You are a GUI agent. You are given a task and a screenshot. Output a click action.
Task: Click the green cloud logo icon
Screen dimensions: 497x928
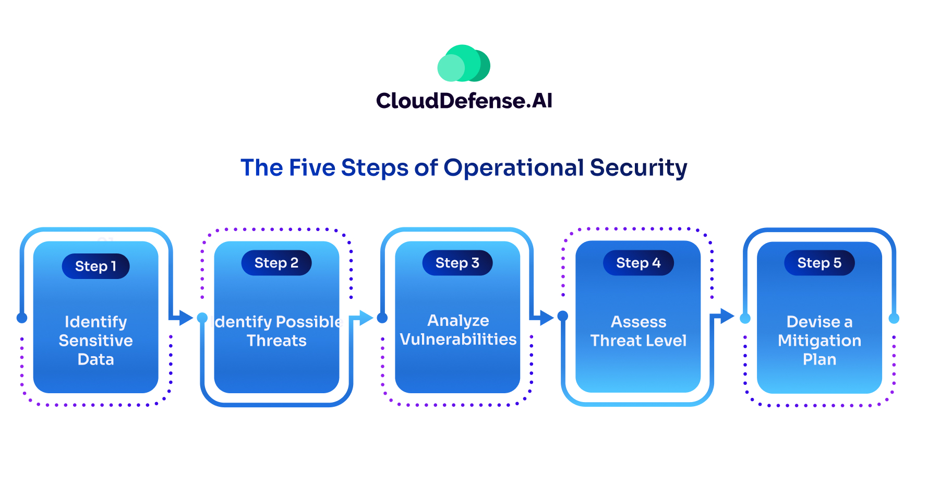click(x=463, y=64)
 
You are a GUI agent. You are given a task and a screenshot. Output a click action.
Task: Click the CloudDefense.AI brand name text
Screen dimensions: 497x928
click(x=464, y=101)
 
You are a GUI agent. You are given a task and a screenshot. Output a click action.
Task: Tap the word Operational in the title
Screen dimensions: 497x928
click(x=513, y=168)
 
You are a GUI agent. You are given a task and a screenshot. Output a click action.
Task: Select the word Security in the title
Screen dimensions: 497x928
click(x=638, y=168)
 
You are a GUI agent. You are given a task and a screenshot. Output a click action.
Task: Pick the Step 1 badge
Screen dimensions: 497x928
click(x=95, y=266)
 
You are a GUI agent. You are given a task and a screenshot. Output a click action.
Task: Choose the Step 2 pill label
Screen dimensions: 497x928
click(x=276, y=263)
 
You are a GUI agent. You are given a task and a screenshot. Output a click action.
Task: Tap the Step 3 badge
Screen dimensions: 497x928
click(x=457, y=263)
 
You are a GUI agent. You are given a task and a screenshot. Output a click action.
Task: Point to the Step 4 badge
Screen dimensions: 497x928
click(x=638, y=263)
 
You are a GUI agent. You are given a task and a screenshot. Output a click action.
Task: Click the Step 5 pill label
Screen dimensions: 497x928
click(x=819, y=263)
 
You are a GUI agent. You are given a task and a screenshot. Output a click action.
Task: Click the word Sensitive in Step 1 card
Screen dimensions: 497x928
click(x=95, y=341)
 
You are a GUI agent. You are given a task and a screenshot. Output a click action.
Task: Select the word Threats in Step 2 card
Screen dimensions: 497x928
click(x=276, y=341)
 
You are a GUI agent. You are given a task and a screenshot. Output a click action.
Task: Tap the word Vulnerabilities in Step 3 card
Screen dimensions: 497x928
click(x=458, y=339)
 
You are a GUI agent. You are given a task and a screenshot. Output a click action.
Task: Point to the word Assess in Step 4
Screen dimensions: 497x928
click(x=638, y=322)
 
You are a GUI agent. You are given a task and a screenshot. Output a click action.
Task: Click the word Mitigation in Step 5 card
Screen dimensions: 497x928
click(x=819, y=341)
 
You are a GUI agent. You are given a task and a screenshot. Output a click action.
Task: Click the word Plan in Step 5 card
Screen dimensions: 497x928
click(x=819, y=359)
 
